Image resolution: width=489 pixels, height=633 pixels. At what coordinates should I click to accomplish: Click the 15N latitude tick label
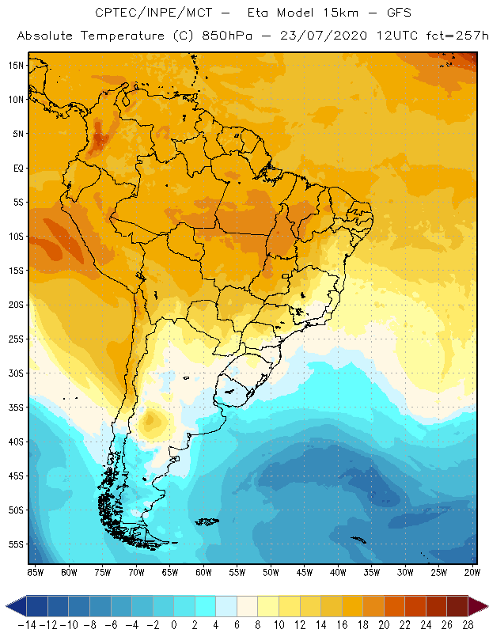16,65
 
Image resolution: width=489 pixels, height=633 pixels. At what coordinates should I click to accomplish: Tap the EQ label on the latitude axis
17,168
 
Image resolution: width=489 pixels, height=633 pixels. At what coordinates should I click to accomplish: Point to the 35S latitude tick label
16,407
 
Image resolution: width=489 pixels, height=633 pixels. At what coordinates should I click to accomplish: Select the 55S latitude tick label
16,544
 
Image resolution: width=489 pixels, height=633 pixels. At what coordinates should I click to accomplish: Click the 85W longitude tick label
35,572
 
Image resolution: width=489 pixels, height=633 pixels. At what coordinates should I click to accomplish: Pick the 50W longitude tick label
271,572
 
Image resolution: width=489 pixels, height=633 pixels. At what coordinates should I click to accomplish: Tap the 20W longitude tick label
472,572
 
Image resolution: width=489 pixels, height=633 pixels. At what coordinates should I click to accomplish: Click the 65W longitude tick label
169,572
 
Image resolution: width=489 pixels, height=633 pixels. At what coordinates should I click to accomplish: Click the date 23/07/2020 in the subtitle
335,36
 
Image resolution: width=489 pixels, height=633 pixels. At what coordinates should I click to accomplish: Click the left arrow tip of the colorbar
8,606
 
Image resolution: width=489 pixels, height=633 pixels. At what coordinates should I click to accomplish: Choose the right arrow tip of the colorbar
484,606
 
